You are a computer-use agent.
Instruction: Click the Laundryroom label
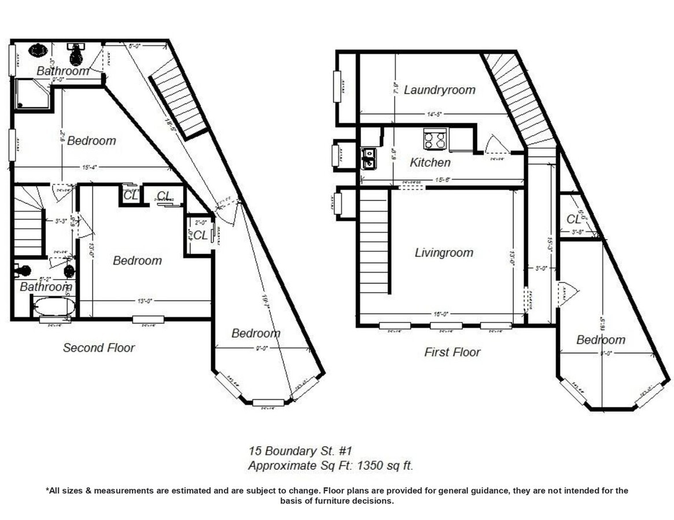(x=439, y=90)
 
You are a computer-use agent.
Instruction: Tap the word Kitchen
(x=430, y=163)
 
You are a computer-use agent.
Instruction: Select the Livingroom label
(x=444, y=252)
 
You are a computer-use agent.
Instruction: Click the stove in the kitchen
(x=434, y=139)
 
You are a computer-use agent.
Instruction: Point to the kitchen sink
(x=368, y=158)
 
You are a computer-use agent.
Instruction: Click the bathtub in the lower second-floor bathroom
(x=54, y=306)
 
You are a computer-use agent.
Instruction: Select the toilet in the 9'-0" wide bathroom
(x=75, y=54)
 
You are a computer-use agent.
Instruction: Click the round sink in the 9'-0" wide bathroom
(x=38, y=50)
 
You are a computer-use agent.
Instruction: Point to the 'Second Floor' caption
(x=98, y=348)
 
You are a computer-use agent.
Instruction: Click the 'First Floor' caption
(x=452, y=352)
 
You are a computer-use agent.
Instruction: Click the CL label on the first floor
(x=573, y=220)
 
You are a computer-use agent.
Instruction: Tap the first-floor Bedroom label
(x=601, y=340)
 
